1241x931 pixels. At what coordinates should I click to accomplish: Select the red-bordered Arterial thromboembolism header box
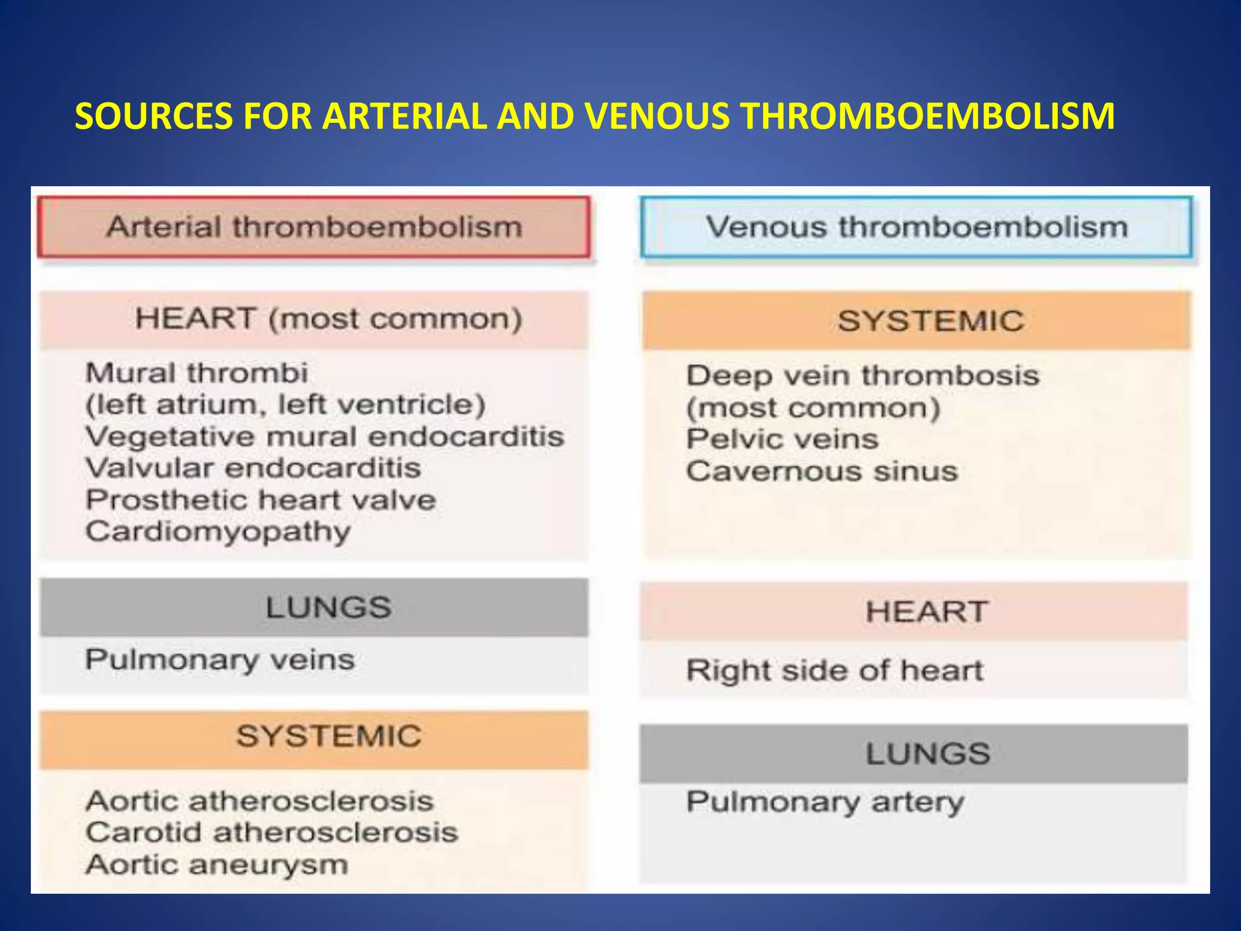(314, 227)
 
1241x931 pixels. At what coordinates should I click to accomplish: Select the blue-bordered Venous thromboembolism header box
(916, 227)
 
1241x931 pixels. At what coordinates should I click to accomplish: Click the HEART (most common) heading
(328, 319)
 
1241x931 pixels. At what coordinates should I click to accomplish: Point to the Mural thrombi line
(197, 373)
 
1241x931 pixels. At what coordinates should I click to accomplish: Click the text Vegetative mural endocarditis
(325, 436)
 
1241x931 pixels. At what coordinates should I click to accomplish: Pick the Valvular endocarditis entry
(253, 468)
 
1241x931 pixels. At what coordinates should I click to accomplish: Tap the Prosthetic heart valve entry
(261, 500)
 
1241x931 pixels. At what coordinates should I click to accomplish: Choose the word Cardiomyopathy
(218, 532)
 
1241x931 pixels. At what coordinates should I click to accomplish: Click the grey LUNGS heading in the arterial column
(328, 607)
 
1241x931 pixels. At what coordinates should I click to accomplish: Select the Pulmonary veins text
(219, 659)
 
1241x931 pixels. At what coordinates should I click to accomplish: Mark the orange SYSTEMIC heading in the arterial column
(328, 736)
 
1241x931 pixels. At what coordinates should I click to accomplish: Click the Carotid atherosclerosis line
(271, 832)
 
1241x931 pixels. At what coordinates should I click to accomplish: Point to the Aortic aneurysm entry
(217, 864)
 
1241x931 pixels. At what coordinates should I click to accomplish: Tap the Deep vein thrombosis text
(862, 376)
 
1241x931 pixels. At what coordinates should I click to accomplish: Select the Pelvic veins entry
(782, 439)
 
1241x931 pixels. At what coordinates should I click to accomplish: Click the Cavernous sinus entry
(822, 471)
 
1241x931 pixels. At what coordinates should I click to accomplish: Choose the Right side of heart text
(834, 670)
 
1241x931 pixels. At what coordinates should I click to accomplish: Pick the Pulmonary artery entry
(825, 802)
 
